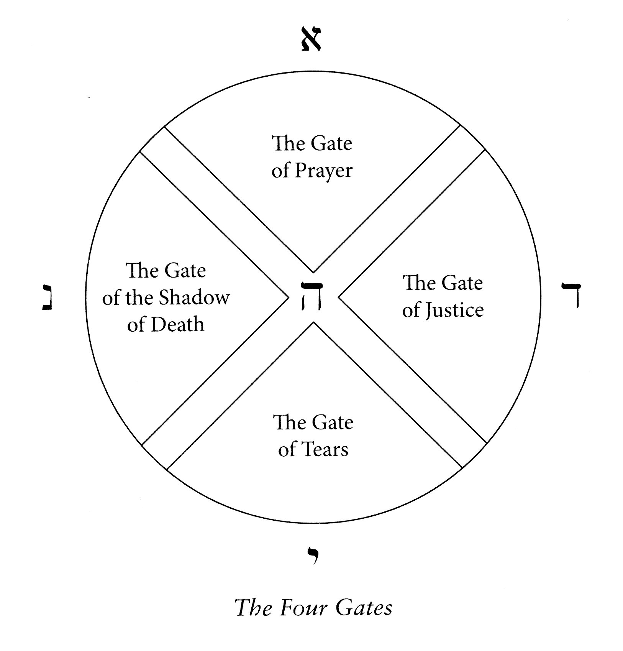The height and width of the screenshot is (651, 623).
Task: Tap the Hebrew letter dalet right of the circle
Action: click(571, 294)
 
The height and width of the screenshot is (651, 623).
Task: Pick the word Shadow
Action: click(194, 298)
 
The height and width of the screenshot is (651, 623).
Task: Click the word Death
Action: click(177, 324)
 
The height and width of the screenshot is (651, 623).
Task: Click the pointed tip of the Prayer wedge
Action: click(313, 272)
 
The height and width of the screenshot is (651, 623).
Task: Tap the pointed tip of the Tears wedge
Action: click(314, 322)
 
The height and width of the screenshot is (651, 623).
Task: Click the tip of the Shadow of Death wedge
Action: click(288, 297)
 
